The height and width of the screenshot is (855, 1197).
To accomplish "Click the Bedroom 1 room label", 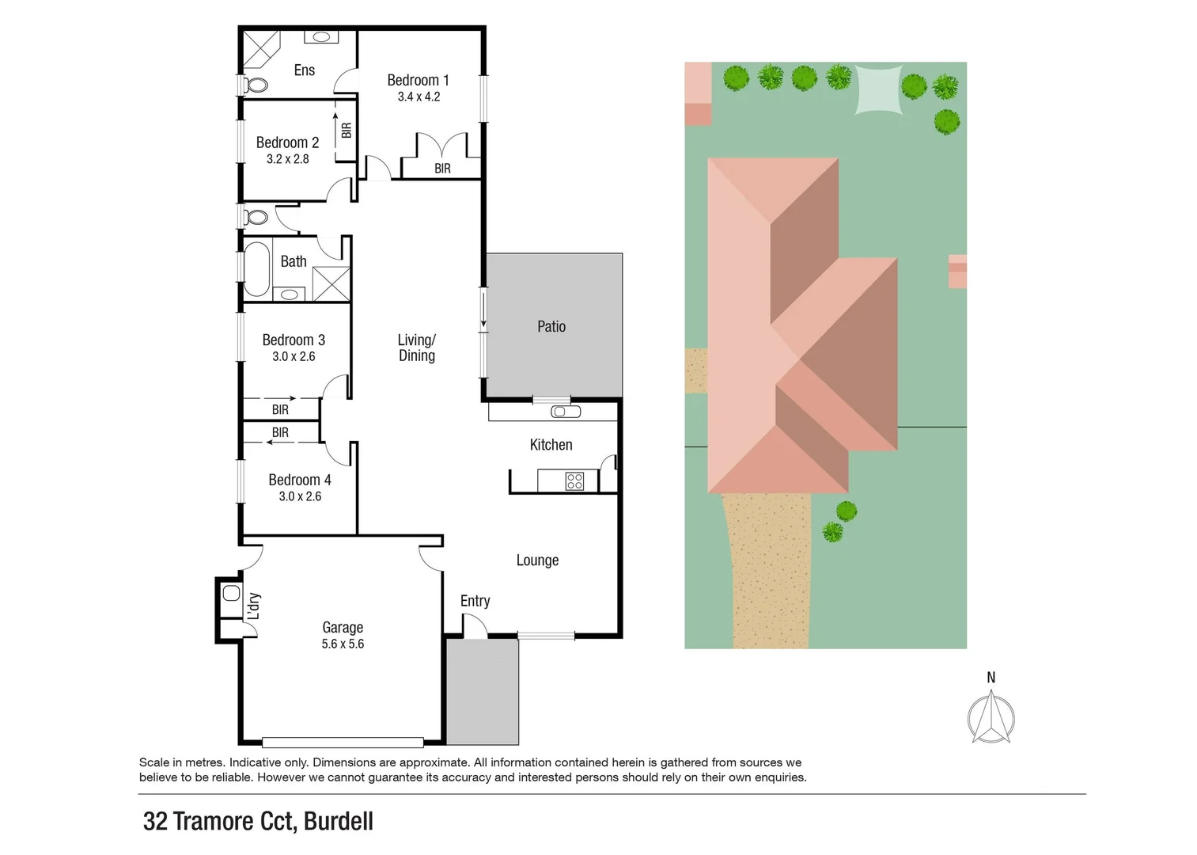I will [418, 80].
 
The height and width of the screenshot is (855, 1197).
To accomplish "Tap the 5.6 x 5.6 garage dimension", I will [343, 644].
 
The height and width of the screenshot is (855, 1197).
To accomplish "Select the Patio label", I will [551, 326].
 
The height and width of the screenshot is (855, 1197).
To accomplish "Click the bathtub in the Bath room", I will [257, 268].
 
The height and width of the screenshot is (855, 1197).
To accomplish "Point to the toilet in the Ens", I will [255, 85].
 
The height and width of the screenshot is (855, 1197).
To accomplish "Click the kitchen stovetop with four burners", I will [574, 481].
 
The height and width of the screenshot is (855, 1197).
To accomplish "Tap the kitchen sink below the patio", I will [566, 412].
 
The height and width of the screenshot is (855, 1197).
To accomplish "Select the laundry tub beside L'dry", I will [231, 593].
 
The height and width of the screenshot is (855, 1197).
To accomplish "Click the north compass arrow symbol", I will [991, 716].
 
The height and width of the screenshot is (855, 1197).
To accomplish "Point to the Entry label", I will [475, 601].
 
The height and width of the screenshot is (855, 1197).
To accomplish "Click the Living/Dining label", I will [416, 348].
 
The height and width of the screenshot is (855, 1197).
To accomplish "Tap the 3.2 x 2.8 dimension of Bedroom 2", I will [287, 159].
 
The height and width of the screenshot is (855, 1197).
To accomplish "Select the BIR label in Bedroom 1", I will [442, 169].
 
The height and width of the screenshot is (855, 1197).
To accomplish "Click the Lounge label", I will [537, 560].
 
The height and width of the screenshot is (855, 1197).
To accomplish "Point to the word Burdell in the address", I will [338, 821].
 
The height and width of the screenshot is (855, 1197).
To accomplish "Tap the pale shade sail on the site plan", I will [878, 89].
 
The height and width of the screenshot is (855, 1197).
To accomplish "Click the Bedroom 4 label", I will [299, 480].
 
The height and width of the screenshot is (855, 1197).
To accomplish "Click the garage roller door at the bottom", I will [343, 743].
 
